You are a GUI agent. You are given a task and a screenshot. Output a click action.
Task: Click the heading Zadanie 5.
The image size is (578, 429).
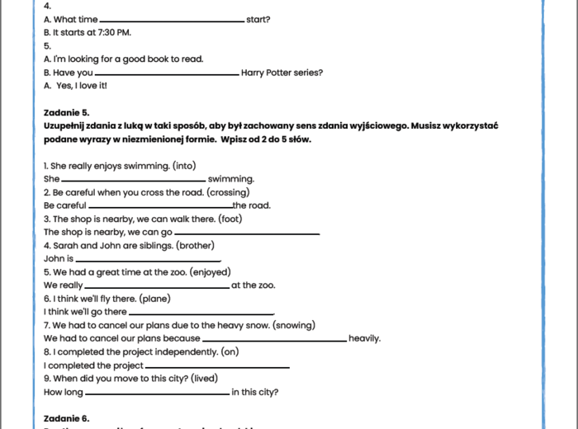click(x=66, y=112)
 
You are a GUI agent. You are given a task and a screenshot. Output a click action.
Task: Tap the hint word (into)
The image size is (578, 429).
click(x=184, y=165)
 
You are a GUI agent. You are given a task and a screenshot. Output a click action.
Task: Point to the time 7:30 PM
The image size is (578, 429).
click(x=113, y=32)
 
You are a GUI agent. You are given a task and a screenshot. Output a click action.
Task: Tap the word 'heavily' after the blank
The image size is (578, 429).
click(x=363, y=338)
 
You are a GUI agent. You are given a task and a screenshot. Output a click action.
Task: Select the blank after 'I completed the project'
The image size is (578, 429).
click(x=217, y=366)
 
